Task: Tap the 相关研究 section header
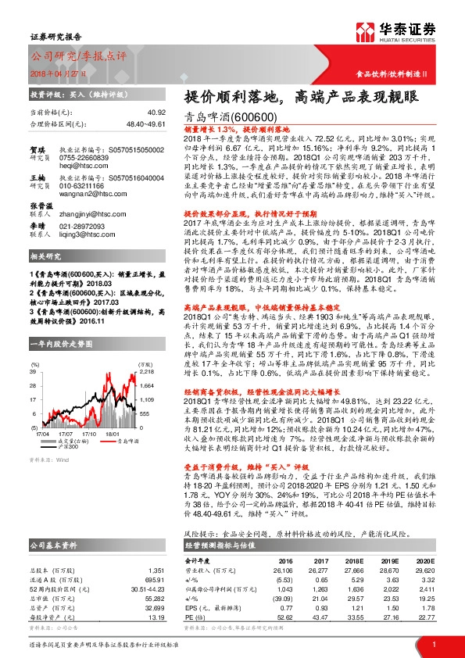pyautogui.click(x=46, y=256)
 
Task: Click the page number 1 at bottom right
pyautogui.click(x=433, y=643)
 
